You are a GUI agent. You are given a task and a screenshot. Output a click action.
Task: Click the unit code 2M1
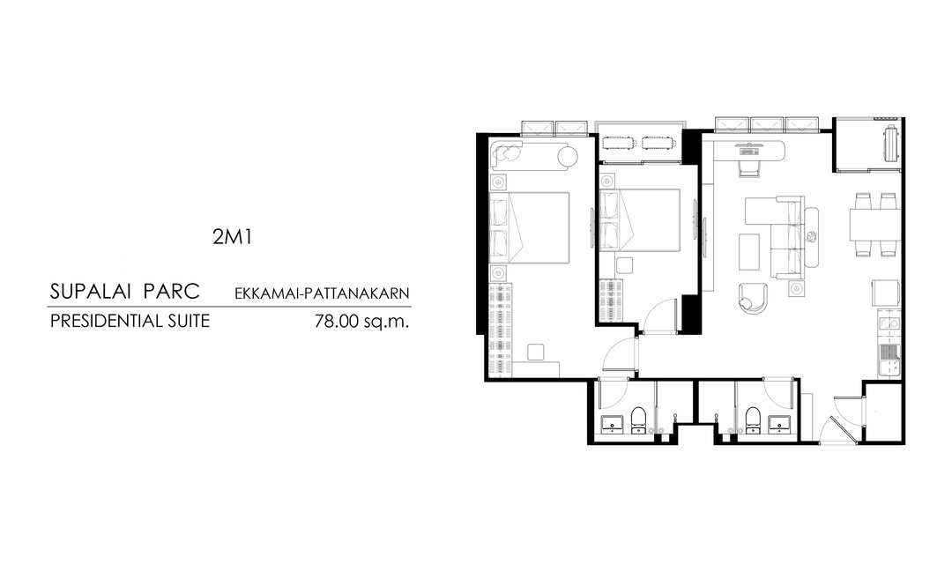coord(232,237)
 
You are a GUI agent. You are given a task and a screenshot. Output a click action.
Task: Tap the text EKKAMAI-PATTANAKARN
coord(322,293)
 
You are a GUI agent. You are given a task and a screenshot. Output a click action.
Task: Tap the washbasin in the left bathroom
coord(612,424)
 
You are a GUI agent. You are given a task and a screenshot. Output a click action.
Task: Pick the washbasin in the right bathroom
coord(779,424)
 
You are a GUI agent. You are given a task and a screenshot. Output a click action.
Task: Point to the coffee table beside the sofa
coord(749,253)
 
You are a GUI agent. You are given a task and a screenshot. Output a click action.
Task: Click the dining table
coord(874,225)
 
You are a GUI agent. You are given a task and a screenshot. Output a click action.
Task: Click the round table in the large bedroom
coord(568,156)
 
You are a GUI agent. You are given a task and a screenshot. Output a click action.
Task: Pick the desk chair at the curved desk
coord(749,167)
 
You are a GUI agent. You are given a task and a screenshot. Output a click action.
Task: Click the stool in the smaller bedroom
coord(625,265)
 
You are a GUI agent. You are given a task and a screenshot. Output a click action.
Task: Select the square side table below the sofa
coord(797,288)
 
